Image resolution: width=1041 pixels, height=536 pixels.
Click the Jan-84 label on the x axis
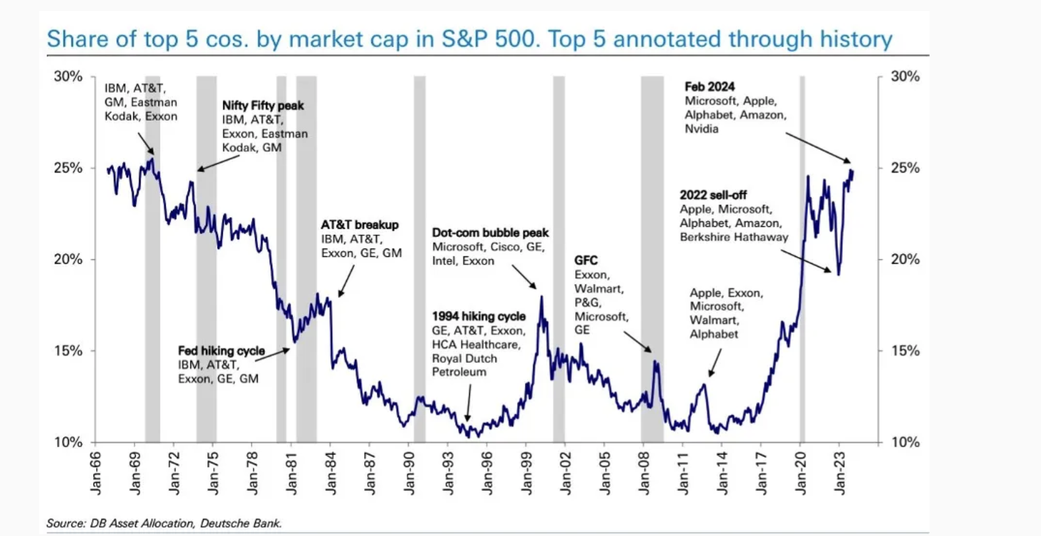click(331, 474)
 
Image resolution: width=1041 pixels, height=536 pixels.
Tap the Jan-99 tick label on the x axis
click(527, 474)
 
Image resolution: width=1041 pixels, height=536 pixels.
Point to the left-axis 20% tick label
click(68, 259)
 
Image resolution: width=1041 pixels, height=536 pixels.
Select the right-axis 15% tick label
click(905, 351)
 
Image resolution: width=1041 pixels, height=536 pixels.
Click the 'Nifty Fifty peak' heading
click(263, 105)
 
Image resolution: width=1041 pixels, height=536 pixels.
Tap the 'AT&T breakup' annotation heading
click(360, 225)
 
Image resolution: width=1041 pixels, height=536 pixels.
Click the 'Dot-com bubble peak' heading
click(490, 233)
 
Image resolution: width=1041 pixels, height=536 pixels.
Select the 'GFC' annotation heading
click(585, 260)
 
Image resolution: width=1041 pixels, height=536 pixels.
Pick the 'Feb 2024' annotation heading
click(709, 86)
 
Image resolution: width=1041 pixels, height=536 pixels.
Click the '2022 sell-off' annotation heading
click(713, 195)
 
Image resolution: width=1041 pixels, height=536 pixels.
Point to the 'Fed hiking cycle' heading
click(221, 351)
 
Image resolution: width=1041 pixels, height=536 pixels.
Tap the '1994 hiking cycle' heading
click(478, 316)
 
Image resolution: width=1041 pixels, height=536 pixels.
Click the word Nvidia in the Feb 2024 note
click(702, 128)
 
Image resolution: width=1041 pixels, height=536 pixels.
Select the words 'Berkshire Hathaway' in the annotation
click(734, 237)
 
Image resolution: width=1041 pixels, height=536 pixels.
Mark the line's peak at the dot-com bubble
click(541, 297)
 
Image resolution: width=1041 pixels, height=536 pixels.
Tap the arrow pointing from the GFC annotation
click(638, 341)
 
